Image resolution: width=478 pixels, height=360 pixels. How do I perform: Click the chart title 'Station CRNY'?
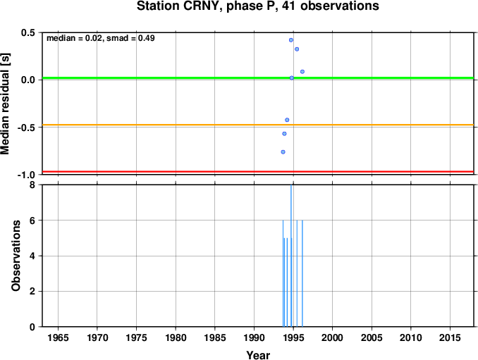click(x=179, y=6)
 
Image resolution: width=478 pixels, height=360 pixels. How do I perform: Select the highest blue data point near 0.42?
click(x=291, y=40)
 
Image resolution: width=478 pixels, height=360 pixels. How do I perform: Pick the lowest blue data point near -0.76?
click(x=283, y=152)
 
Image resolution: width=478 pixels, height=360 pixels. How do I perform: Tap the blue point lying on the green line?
click(x=291, y=78)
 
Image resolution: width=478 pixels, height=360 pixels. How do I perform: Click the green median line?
click(x=258, y=78)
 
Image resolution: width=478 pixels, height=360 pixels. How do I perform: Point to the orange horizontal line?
click(x=258, y=125)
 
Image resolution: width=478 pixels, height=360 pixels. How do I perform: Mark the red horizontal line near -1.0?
click(x=258, y=172)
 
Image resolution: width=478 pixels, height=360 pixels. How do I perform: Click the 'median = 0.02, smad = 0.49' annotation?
click(x=101, y=38)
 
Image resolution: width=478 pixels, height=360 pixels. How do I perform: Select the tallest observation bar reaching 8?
click(x=291, y=256)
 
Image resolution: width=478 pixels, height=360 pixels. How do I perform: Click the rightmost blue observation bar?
click(x=302, y=273)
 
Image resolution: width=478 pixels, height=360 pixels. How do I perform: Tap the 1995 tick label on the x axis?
click(x=293, y=337)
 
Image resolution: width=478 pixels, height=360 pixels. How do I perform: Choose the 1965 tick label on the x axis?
click(x=58, y=337)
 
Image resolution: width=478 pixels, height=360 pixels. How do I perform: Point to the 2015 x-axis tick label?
click(x=450, y=337)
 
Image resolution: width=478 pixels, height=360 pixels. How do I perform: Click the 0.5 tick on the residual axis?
click(x=27, y=32)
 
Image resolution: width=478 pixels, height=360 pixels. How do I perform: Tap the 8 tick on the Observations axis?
click(x=32, y=185)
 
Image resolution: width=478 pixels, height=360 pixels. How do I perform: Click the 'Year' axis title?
click(x=258, y=355)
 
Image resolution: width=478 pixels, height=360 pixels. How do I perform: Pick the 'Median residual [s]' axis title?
click(x=5, y=104)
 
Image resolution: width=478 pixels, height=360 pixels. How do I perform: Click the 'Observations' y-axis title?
click(x=16, y=256)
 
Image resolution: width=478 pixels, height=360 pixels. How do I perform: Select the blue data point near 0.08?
click(x=302, y=72)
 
